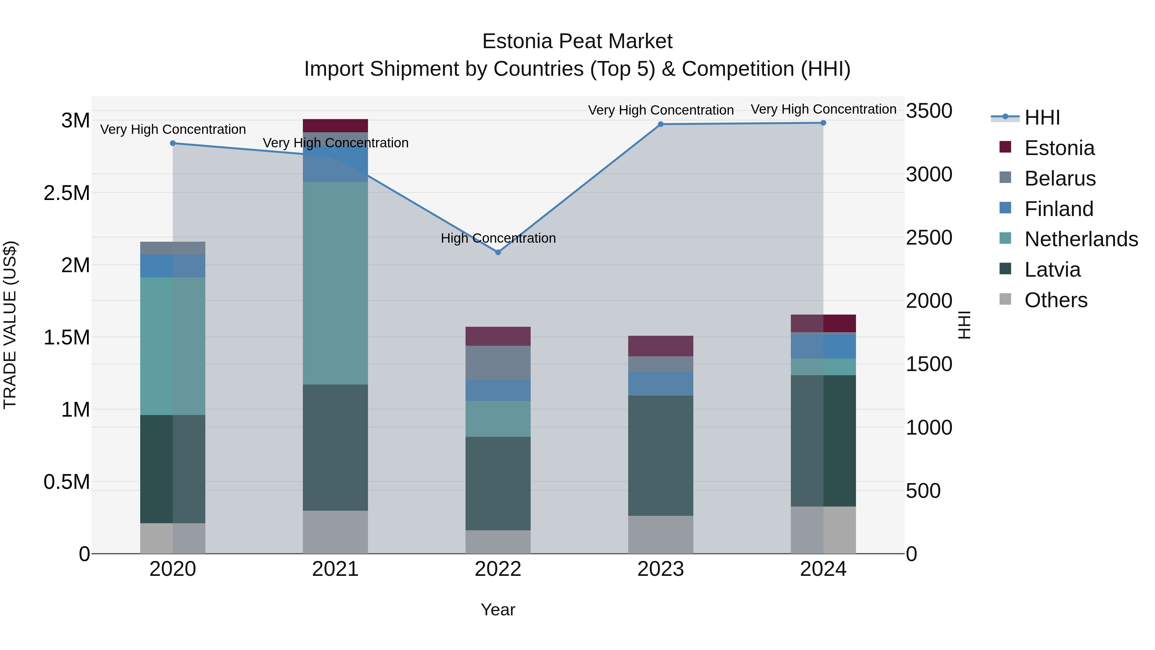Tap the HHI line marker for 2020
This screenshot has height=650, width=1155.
pos(173,143)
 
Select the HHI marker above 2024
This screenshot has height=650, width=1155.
pos(823,123)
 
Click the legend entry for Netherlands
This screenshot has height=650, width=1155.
pos(1081,239)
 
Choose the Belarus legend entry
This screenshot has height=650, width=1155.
pos(1060,178)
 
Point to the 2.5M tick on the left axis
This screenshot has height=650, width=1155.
pos(66,193)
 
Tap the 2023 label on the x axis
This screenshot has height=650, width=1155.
pos(661,569)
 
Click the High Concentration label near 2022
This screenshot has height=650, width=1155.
pos(498,238)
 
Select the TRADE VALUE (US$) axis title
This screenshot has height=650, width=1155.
pos(10,325)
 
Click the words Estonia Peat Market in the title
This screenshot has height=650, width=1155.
pos(577,41)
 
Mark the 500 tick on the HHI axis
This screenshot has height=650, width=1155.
pos(923,491)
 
